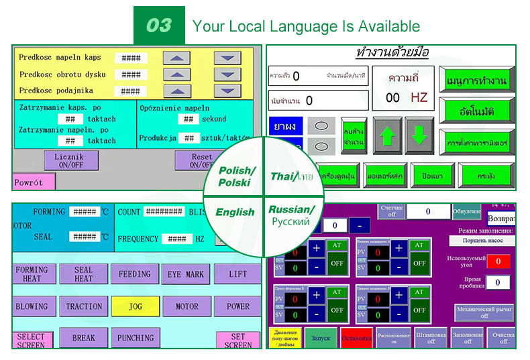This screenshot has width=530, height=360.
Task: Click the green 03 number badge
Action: coord(159,25)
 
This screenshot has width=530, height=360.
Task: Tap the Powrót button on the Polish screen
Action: coord(31,182)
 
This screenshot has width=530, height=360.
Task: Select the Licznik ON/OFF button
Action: coord(66,160)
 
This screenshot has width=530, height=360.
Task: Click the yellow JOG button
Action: coord(135,306)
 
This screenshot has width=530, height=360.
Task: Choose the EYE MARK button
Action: coord(186,274)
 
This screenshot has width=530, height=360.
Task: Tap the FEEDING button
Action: coord(135,274)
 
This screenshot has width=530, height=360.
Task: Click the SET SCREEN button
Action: coord(238,341)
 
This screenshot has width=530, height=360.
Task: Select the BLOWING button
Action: coord(32,306)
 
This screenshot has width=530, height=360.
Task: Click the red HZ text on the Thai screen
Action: coord(419,98)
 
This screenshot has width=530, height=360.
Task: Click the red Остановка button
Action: coord(356,338)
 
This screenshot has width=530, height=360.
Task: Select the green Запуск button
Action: coord(321,338)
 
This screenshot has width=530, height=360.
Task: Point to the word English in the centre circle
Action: coord(235,212)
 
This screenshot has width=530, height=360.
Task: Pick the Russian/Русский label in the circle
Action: coord(291,215)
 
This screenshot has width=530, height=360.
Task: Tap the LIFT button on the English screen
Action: coord(237,274)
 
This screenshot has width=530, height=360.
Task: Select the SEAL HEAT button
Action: coord(83,274)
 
